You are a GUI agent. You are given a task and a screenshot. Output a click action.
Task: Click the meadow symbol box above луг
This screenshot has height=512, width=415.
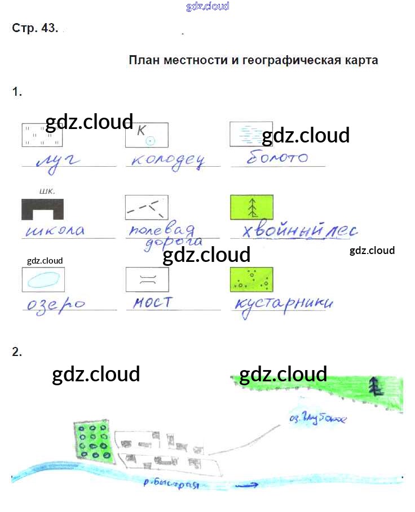(43, 135)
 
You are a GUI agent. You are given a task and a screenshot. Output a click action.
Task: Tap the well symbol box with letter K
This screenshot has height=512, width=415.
(147, 135)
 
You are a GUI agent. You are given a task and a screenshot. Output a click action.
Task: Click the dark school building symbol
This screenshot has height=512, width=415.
(42, 208)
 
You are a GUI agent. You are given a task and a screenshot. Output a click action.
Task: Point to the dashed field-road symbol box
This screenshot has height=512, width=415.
(147, 207)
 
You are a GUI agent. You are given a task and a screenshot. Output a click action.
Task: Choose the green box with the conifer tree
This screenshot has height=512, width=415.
(251, 207)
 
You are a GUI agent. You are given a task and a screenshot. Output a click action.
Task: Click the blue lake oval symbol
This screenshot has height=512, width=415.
(43, 279)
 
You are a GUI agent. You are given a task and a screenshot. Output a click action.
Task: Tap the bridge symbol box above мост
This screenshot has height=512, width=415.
(147, 279)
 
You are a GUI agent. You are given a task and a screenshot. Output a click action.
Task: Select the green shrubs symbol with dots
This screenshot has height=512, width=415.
(251, 279)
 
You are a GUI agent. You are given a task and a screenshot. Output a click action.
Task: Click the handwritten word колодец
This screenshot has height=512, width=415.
(167, 160)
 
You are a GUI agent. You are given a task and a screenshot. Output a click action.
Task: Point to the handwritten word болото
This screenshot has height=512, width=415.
(277, 158)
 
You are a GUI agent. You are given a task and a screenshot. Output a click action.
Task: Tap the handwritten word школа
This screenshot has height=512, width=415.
(56, 230)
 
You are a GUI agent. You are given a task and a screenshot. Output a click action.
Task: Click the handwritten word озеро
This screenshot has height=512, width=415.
(55, 304)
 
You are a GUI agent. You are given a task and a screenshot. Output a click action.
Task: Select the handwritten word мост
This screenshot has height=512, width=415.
(153, 303)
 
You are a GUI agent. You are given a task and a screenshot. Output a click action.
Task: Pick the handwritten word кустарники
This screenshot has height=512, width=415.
(284, 304)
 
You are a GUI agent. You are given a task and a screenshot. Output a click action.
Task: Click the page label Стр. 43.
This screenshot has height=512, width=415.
(34, 29)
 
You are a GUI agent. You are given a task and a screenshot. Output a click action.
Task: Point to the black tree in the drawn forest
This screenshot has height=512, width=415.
(374, 386)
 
